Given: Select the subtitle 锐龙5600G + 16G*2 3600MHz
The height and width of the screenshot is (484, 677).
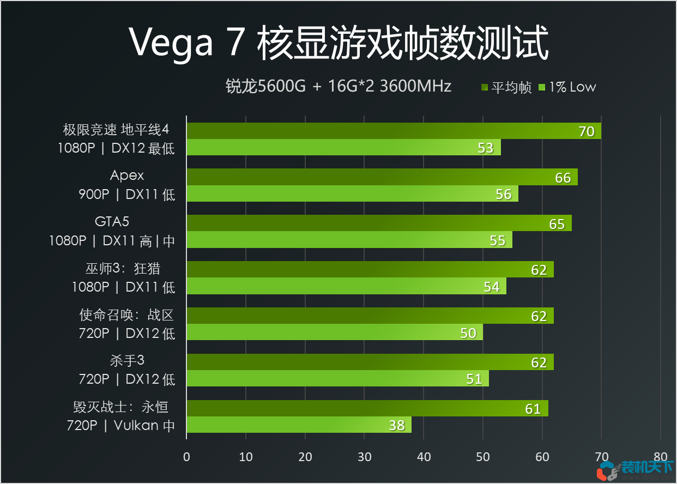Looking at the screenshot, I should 338,86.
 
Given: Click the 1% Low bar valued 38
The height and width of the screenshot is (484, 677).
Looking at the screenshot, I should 299,425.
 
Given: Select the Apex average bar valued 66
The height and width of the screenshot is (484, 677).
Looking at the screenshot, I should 382,177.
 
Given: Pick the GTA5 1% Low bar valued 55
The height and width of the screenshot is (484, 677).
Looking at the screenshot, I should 349,240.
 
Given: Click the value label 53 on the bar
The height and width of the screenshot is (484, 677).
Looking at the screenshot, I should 485,148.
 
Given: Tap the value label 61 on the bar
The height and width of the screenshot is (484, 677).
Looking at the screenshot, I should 533,409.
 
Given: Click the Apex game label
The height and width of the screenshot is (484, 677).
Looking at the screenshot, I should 127,176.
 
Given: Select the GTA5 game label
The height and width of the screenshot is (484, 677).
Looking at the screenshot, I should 112,221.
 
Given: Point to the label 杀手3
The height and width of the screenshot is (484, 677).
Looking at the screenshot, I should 127,360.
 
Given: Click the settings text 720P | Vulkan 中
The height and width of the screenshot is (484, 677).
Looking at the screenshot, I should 120,425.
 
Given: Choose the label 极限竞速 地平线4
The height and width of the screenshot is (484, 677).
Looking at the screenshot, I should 116,130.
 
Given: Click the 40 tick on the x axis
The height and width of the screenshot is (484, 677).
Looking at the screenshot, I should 424,457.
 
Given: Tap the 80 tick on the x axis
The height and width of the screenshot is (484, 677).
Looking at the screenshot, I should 660,457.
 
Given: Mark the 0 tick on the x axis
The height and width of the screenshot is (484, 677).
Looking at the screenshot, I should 186,457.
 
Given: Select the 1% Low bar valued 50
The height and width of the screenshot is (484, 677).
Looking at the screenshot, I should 334,332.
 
